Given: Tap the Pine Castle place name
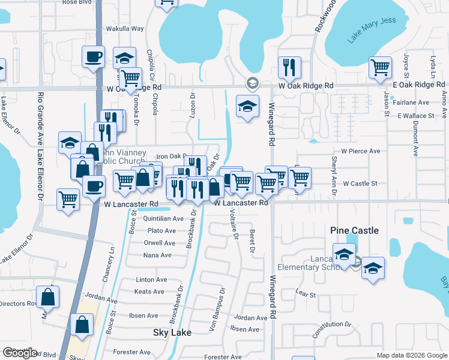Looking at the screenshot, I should (x=355, y=230).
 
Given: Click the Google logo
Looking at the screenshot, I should (x=20, y=353).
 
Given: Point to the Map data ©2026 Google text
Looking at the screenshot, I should (x=412, y=355).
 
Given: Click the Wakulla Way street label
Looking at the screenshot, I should (x=125, y=28).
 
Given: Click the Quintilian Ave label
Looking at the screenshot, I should (x=164, y=219).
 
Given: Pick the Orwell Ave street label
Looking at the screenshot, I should (x=160, y=243).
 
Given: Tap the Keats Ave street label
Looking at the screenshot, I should (x=149, y=292).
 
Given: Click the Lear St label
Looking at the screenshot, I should (x=306, y=295).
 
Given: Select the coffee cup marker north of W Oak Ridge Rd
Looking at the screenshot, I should (x=93, y=57).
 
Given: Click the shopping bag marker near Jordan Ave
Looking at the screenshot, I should (x=48, y=296).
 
